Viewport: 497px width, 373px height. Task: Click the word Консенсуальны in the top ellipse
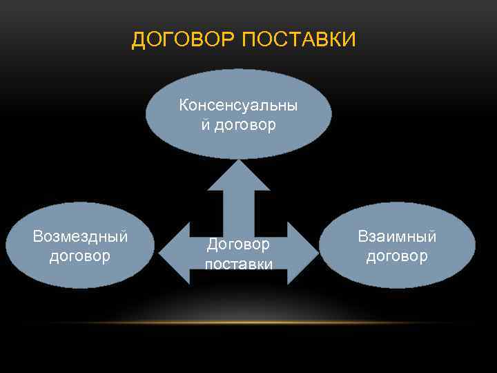238,106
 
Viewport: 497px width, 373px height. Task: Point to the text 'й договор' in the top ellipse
238,125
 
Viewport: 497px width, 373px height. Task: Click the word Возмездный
80,237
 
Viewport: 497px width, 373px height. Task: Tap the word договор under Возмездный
80,256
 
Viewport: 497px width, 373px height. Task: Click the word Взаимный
397,236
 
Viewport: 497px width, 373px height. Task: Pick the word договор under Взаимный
397,256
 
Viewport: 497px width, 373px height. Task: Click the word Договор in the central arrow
238,245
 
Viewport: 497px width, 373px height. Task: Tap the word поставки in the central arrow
238,264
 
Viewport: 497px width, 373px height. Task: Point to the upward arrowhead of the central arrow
238,175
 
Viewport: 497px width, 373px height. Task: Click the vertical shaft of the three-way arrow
238,211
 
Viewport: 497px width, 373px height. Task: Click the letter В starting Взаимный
362,236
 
